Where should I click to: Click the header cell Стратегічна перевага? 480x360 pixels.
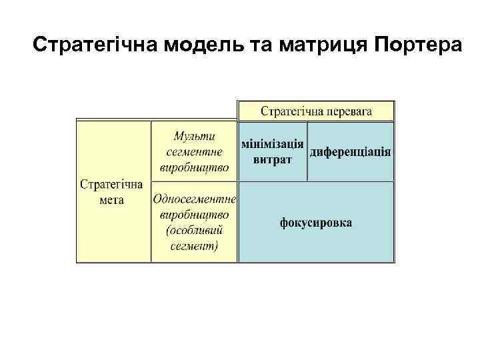316,111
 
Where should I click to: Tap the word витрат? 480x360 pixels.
273,160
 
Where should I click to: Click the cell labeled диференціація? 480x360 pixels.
351,152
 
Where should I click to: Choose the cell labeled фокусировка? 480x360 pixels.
316,222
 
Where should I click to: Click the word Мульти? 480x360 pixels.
194,137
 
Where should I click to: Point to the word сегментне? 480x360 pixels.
194,151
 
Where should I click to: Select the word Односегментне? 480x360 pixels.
194,199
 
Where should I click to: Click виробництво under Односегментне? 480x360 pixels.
194,215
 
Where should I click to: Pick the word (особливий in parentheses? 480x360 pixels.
194,230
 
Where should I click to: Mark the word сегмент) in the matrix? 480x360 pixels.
194,245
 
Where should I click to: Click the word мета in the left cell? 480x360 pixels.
111,199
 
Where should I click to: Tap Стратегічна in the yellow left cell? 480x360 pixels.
111,184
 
